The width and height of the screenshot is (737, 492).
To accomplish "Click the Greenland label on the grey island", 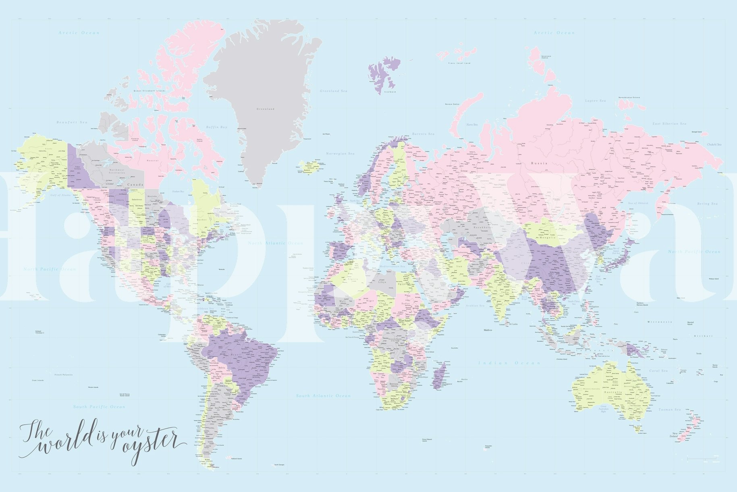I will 265,109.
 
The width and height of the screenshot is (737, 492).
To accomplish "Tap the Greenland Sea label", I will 333,91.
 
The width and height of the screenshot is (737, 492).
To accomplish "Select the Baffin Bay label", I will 217,127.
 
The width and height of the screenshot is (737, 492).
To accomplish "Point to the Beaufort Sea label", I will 72,122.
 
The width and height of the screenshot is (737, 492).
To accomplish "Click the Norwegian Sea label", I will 340,154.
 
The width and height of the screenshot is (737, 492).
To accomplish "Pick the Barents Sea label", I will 423,134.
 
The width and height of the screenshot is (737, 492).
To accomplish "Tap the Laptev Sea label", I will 595,100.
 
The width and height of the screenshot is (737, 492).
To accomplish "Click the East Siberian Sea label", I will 669,124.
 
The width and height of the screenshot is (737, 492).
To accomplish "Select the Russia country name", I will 539,163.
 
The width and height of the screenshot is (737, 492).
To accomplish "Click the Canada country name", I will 135,185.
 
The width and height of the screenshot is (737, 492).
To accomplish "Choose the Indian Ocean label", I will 509,363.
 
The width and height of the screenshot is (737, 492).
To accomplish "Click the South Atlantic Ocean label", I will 323,396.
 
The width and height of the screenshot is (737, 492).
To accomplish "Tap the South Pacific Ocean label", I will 99,407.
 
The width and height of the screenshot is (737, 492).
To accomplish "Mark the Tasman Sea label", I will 669,410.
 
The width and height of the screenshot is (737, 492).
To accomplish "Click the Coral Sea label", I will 658,371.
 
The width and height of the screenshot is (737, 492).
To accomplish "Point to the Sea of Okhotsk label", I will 638,203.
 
